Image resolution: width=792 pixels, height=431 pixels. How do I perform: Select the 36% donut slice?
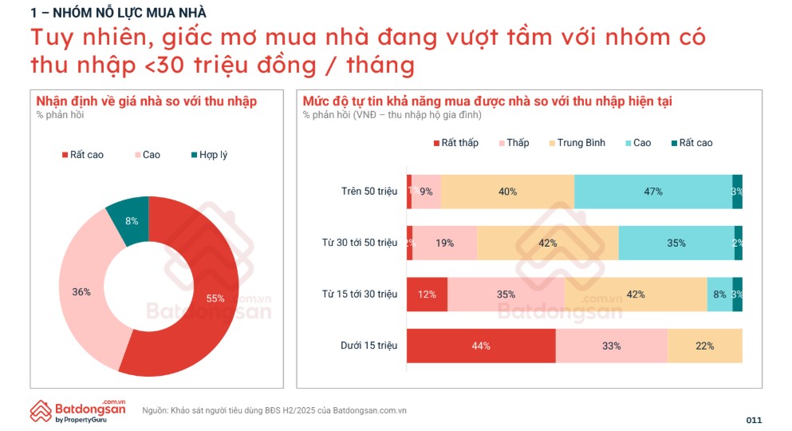(x=81, y=291)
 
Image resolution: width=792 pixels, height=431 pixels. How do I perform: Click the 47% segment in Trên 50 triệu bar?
(x=653, y=192)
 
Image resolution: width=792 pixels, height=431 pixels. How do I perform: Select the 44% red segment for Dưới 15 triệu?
(x=481, y=346)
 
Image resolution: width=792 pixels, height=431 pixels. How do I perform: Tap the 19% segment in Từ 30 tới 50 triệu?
(x=445, y=243)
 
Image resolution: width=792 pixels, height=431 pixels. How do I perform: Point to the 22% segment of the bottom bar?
(x=704, y=346)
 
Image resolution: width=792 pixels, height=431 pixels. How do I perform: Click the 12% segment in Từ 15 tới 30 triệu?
(x=427, y=295)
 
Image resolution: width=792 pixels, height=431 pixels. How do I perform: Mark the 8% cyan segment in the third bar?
(x=719, y=295)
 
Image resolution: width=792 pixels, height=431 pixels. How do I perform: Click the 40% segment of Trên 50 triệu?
(x=507, y=192)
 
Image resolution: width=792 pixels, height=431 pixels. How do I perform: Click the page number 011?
(x=754, y=420)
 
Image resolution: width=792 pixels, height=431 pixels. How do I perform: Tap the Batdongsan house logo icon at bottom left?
(x=41, y=410)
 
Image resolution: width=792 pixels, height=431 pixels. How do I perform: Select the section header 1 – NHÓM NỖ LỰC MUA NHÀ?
(x=118, y=12)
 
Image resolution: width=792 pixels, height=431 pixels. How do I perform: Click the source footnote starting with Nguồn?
(x=274, y=410)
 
